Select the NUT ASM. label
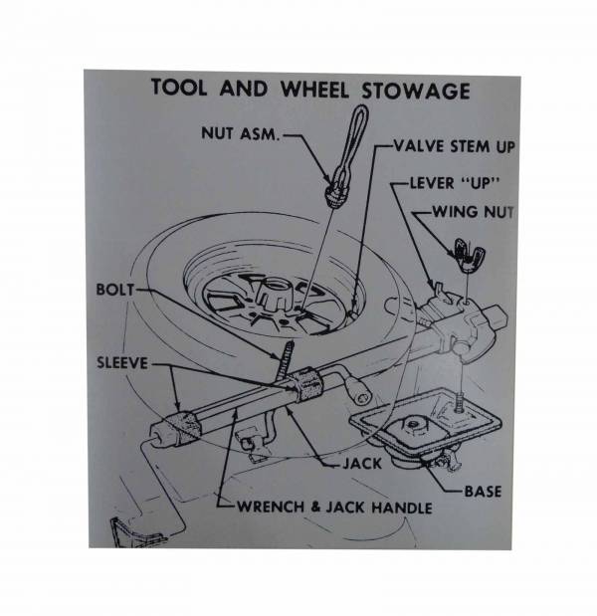(x=244, y=132)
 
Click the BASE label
(x=483, y=490)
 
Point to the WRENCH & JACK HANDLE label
(x=334, y=508)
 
